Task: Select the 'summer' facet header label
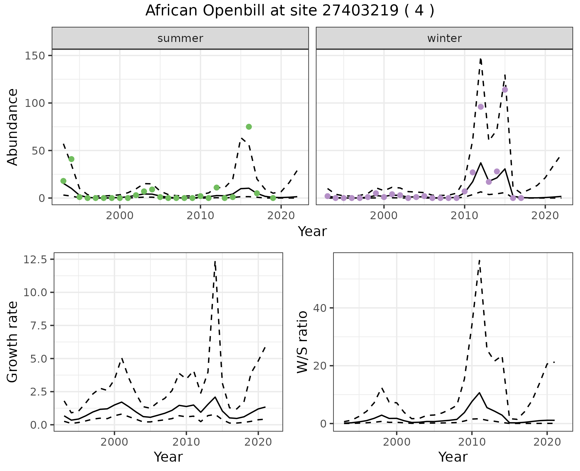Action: (180, 38)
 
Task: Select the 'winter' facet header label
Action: (444, 38)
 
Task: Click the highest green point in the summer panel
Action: (249, 127)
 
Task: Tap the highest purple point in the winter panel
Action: (505, 90)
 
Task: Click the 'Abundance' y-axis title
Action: (13, 127)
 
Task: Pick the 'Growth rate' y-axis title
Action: (13, 342)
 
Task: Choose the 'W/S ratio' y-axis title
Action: (302, 342)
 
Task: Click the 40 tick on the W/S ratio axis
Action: (320, 308)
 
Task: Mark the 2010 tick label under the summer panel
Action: (200, 216)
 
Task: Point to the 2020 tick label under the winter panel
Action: (545, 216)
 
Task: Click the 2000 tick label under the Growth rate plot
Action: (114, 442)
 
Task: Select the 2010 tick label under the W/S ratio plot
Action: (472, 442)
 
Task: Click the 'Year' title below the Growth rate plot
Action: (168, 457)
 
